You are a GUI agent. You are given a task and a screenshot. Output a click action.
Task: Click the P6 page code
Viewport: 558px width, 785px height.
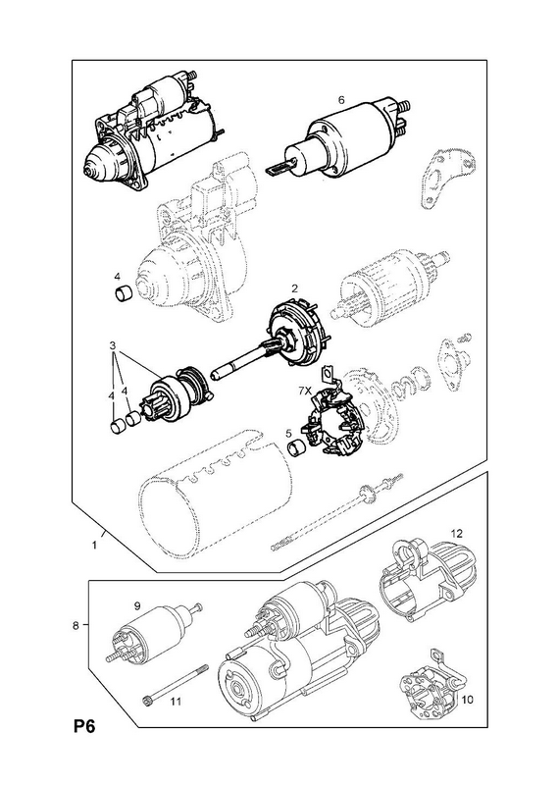tap(84, 726)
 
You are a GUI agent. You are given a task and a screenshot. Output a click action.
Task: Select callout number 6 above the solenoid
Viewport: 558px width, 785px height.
tap(341, 100)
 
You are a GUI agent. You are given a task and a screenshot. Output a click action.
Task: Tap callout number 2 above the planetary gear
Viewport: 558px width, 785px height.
tap(295, 288)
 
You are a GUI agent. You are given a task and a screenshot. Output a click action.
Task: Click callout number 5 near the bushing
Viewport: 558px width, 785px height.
tap(288, 433)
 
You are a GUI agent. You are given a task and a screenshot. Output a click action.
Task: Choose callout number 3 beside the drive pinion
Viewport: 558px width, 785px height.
tap(113, 345)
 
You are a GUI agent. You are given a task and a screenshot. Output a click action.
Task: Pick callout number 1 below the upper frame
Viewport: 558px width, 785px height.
tap(94, 546)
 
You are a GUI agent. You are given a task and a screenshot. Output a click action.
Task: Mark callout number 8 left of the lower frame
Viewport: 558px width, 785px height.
tap(76, 625)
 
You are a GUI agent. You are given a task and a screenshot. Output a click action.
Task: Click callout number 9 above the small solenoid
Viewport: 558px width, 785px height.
tap(136, 606)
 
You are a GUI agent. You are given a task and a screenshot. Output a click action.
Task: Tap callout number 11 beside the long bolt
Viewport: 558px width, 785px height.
tap(175, 702)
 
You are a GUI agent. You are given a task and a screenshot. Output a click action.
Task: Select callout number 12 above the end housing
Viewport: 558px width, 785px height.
tap(457, 533)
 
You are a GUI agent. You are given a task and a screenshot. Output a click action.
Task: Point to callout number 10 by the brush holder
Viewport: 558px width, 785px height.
tap(467, 700)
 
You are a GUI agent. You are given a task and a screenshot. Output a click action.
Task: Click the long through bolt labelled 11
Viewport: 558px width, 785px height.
tap(176, 683)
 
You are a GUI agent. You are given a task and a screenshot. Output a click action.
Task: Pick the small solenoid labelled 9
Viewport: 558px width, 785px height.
tap(153, 632)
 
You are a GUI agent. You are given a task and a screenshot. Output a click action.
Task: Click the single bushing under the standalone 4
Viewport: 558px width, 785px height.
tap(124, 293)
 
